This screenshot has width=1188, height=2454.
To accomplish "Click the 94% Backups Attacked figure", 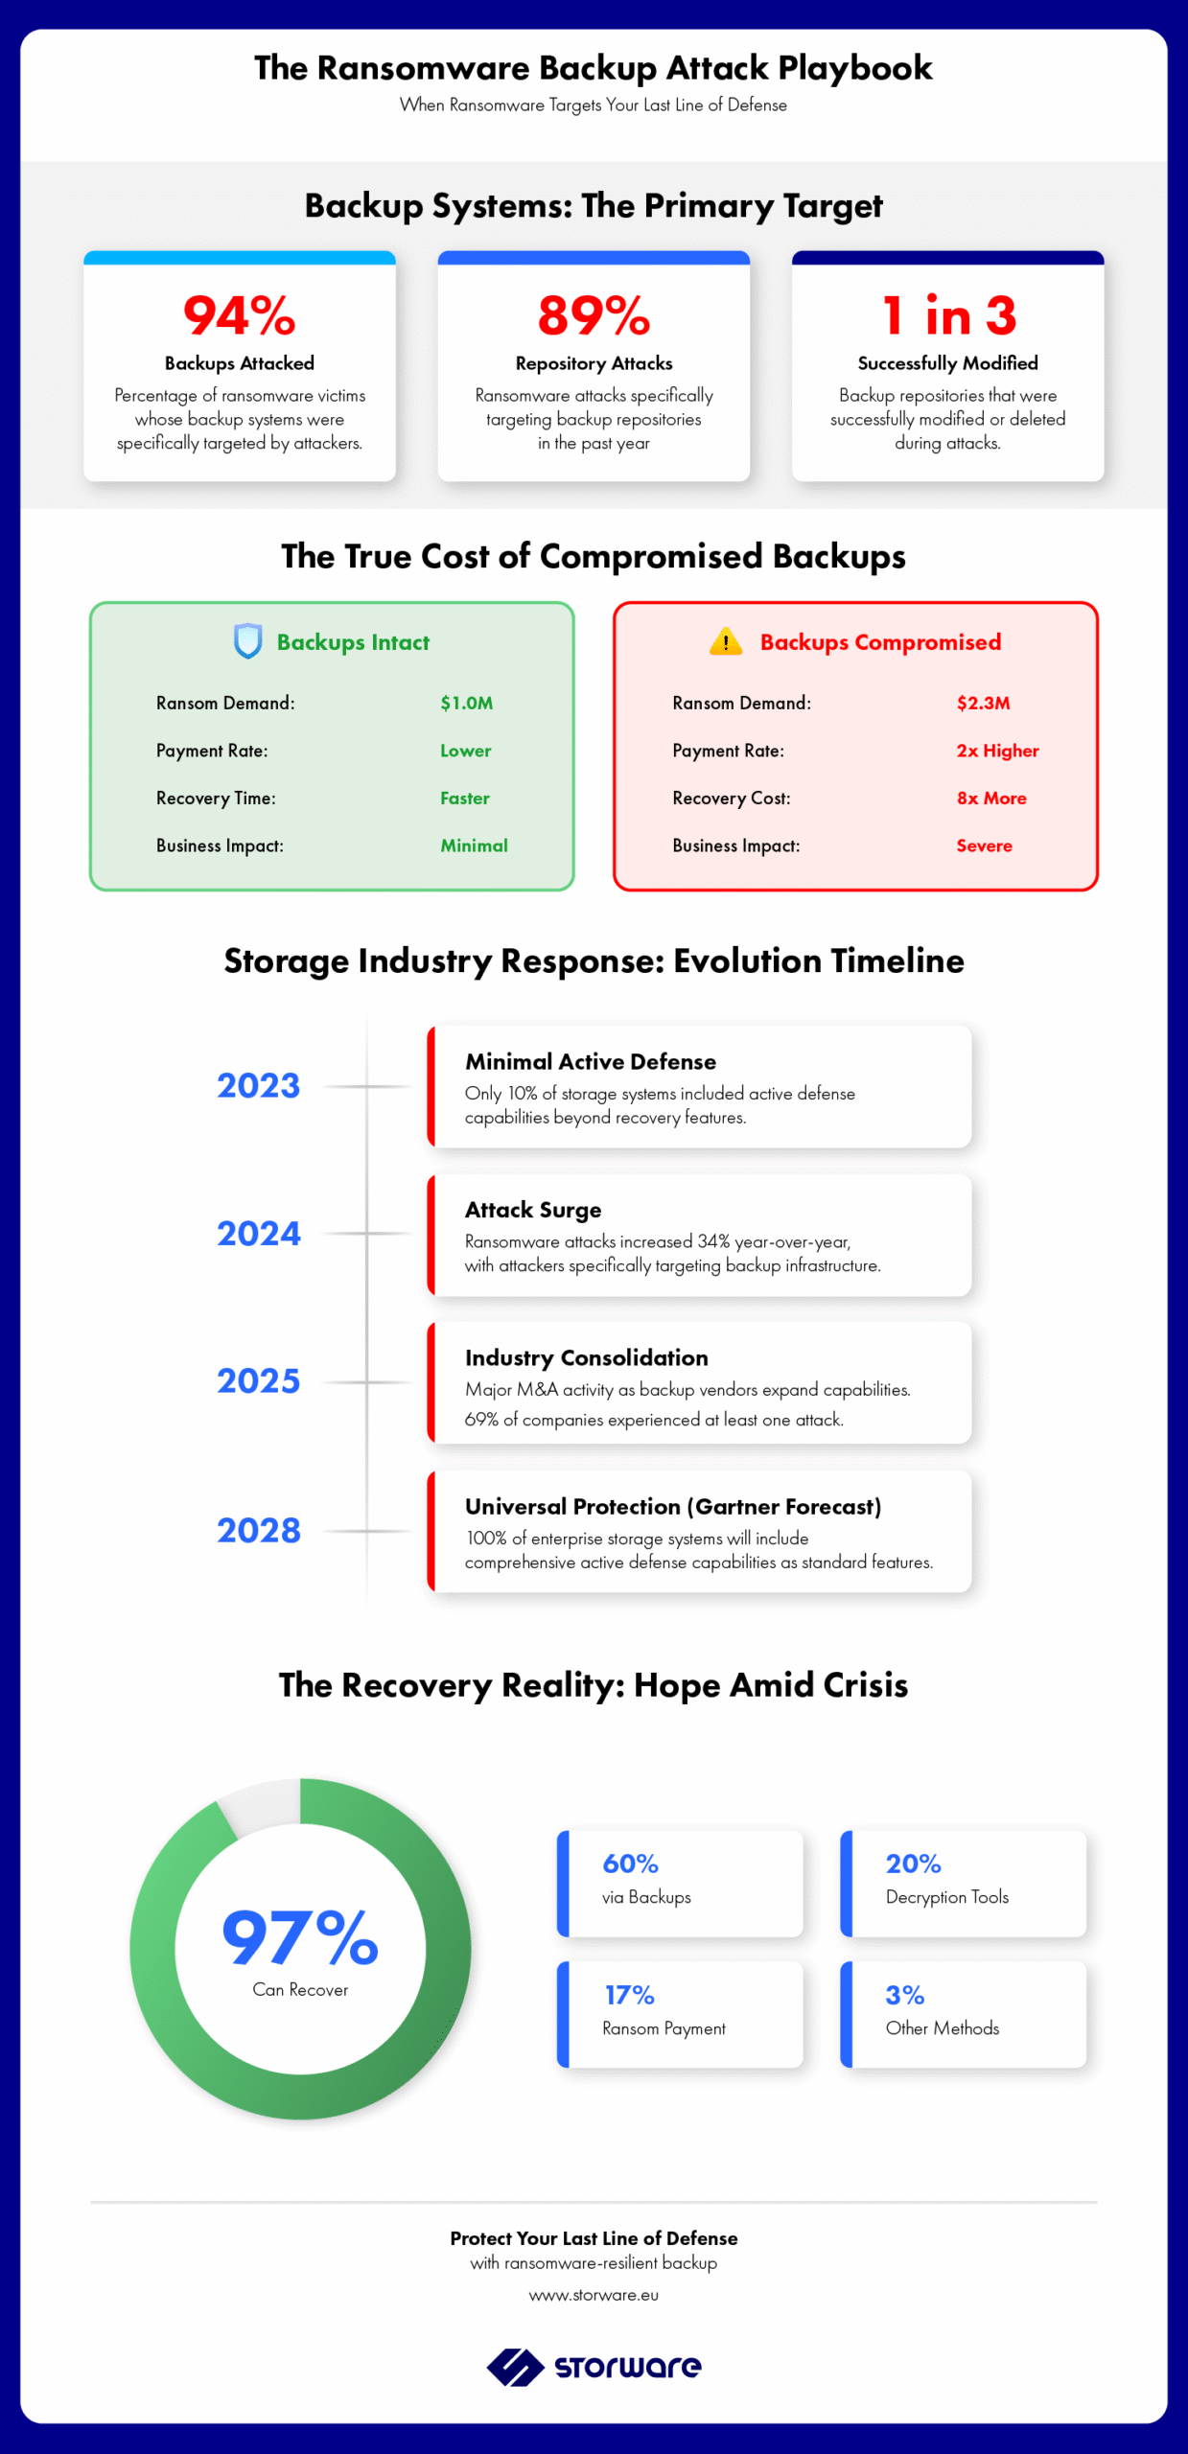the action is coord(240,315).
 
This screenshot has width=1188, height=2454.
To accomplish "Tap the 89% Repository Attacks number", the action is coord(594,315).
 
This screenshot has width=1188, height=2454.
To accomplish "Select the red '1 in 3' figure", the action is coord(948,315).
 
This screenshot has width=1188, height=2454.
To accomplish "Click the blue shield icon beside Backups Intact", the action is coord(248,641).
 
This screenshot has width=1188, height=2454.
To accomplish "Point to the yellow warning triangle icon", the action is coord(726,641).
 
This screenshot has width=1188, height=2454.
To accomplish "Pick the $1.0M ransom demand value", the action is coord(467,703).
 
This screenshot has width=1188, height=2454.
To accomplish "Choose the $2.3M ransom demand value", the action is coord(984,703).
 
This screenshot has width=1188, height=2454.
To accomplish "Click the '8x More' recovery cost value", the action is coord(991,798).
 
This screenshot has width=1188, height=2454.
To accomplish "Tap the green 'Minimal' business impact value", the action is coord(475,845).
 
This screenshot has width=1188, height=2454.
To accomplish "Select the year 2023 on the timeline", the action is coord(259,1085).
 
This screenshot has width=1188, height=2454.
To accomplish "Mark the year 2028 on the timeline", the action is coord(259,1530).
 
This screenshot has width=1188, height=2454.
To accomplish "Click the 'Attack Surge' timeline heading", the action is coord(533,1210).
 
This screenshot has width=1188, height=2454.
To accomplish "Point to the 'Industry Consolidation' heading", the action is coord(587,1357).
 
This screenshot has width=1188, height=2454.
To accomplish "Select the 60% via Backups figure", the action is coord(630,1864).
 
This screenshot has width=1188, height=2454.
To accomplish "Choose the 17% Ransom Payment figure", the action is coord(629,1995).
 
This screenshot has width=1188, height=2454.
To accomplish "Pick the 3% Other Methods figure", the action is coord(905,1995).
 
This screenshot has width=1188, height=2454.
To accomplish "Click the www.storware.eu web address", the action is coord(594,2295).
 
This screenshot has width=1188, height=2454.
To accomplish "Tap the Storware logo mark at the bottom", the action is coord(516,2367).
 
